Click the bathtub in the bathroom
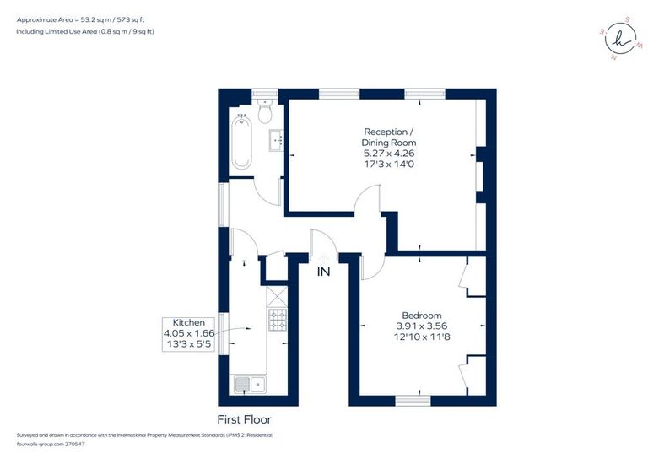[241, 142]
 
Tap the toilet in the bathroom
[265, 111]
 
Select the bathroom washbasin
[277, 139]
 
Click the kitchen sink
[250, 384]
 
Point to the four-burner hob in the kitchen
[278, 320]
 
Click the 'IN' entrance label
[323, 272]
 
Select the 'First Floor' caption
[244, 419]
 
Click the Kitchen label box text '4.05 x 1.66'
[189, 333]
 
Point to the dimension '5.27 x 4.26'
[389, 153]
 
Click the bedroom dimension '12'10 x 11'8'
[422, 337]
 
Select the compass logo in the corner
[621, 38]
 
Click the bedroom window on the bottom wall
[413, 401]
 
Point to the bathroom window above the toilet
[265, 94]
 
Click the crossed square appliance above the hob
[278, 297]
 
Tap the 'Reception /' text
[389, 132]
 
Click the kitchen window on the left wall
[223, 334]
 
